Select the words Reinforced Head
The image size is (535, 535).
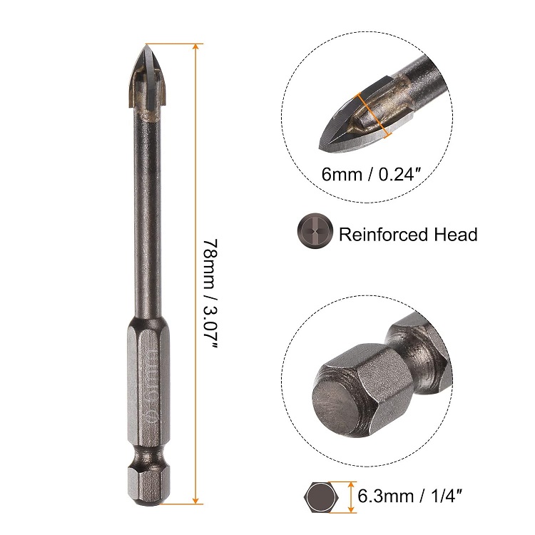408,234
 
